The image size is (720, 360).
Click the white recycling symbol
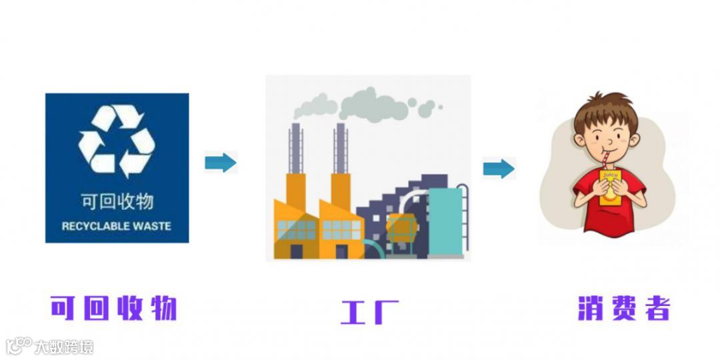117,141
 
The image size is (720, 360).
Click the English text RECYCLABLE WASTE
117,226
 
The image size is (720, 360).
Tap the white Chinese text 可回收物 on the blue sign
117,201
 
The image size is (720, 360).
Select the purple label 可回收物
114,308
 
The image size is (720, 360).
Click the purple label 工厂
369,311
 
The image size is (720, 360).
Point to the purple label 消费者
623,308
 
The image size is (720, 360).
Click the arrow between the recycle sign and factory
221,162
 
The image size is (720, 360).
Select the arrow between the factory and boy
499,169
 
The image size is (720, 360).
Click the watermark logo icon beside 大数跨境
18,345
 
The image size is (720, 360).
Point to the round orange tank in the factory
401,229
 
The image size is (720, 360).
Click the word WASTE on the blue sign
150,226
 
